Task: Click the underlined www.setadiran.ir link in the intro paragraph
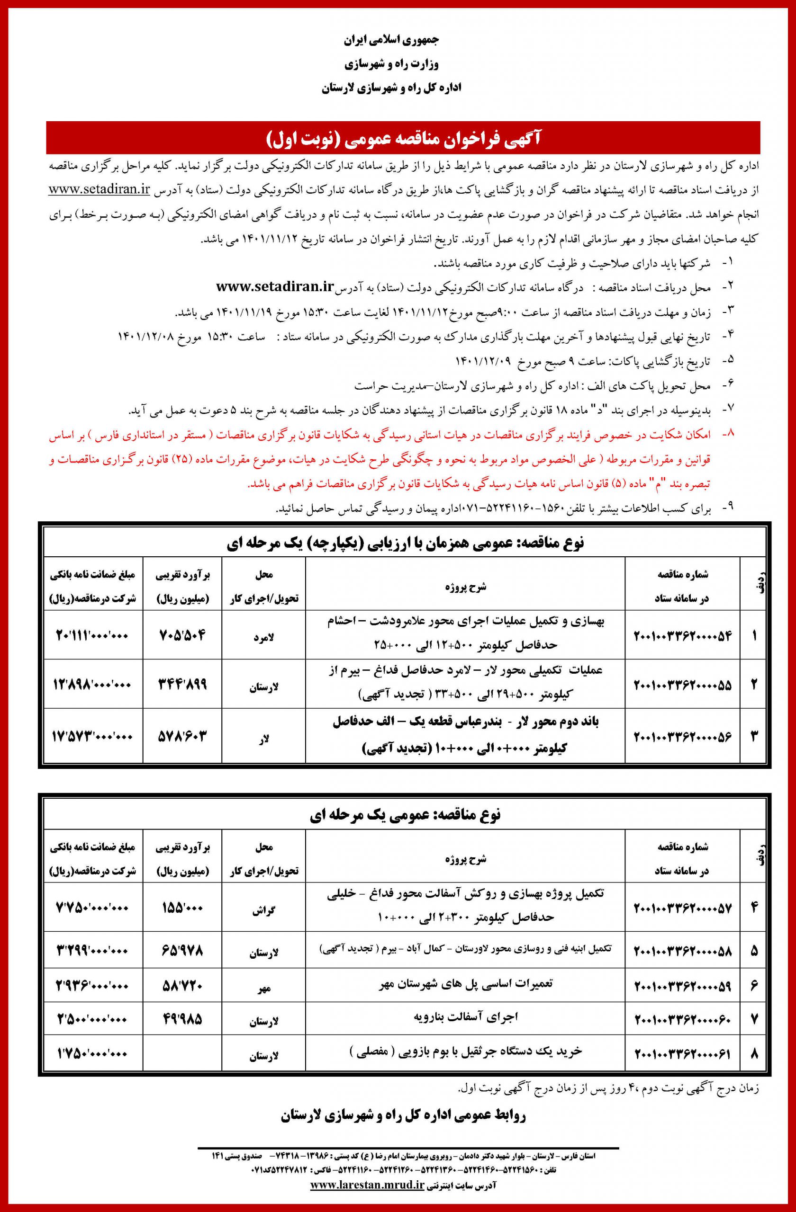(99, 189)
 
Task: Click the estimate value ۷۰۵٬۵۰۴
(182, 635)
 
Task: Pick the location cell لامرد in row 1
(264, 637)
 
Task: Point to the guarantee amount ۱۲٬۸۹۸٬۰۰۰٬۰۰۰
(92, 684)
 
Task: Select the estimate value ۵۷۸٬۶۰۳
(182, 736)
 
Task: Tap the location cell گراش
(263, 911)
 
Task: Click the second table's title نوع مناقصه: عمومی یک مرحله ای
(405, 815)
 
